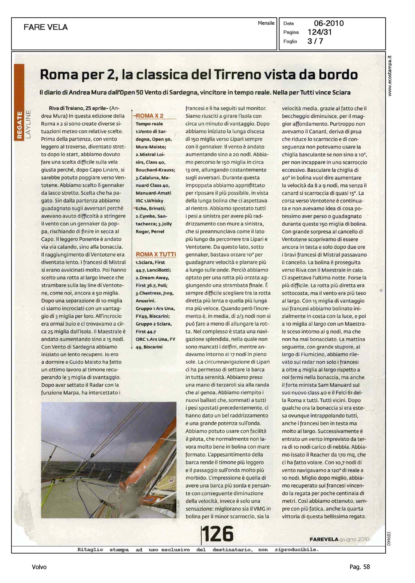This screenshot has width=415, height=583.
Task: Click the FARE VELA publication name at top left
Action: pos(46,27)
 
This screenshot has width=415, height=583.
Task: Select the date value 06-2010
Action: pos(329,23)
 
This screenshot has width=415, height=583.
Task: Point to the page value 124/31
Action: pos(320,32)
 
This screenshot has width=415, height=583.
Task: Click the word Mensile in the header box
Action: pos(266,23)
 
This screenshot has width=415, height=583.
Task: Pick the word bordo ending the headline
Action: pos(338,75)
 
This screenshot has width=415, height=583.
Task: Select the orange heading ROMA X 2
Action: pos(149,116)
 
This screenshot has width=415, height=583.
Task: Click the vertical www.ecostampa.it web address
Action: pos(389,76)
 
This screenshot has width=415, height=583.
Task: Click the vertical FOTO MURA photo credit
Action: pos(178,509)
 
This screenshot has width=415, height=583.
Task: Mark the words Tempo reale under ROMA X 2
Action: pos(149,124)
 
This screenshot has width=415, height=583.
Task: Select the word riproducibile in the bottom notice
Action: pos(297,550)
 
